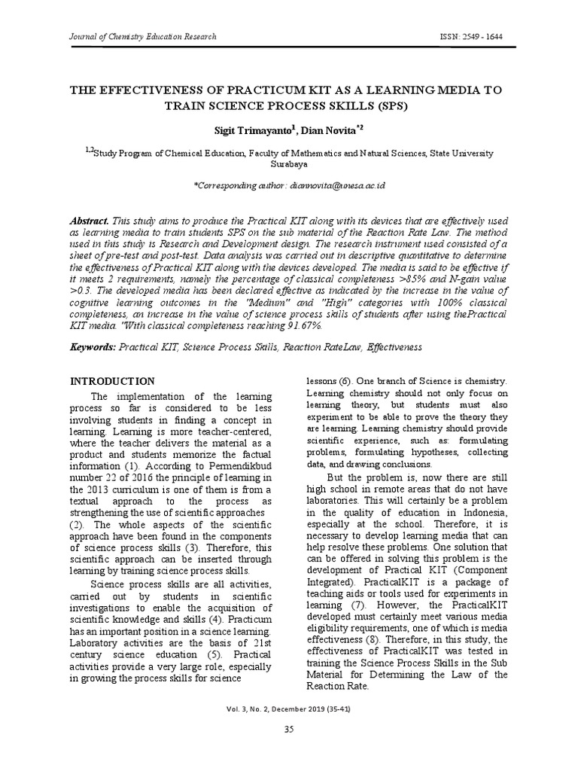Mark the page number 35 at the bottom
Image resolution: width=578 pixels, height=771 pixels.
(289, 730)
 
